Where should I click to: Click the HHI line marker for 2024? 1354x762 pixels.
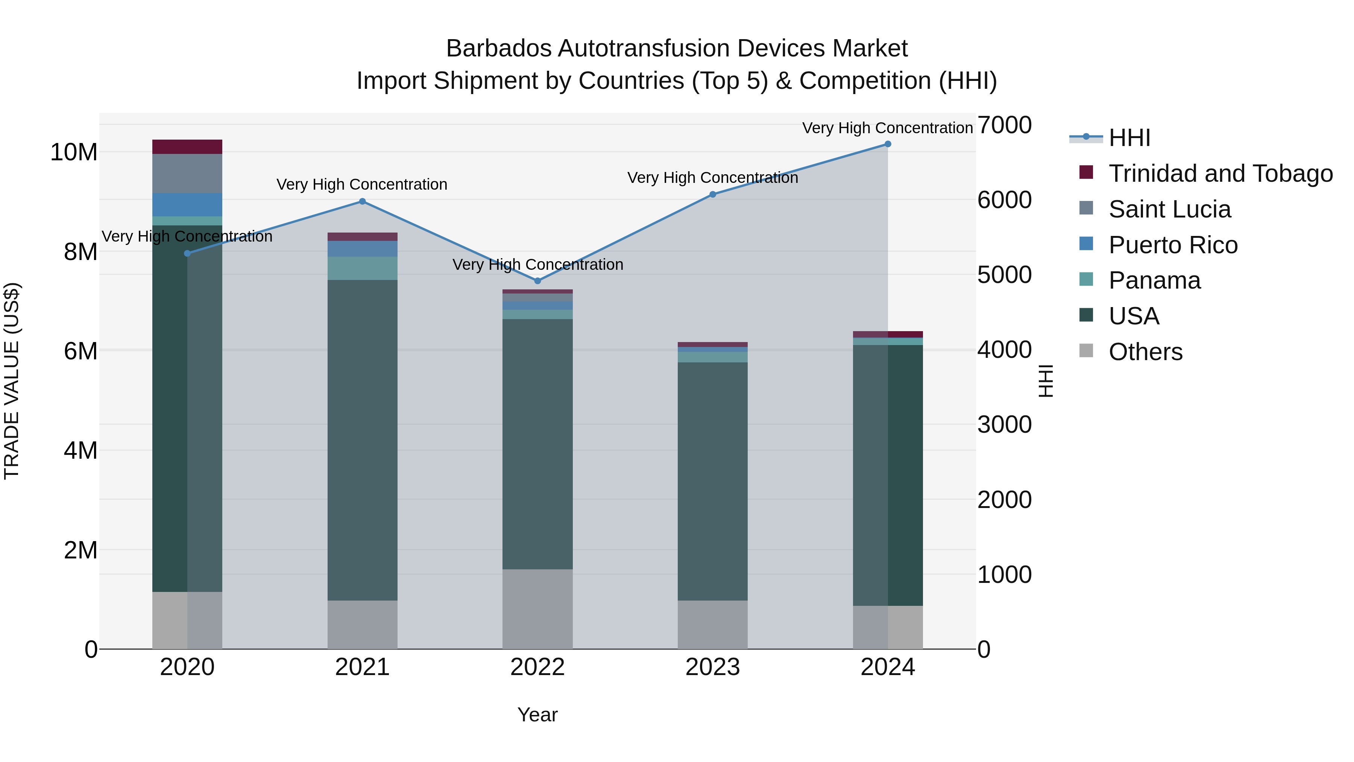pyautogui.click(x=888, y=144)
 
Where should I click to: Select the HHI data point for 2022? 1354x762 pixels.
pyautogui.click(x=537, y=281)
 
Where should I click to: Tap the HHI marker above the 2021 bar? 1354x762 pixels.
pyautogui.click(x=362, y=201)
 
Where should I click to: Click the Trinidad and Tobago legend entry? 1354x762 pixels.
pyautogui.click(x=1220, y=173)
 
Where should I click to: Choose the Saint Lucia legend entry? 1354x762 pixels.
pyautogui.click(x=1169, y=209)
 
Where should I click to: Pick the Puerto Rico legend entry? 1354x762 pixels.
pyautogui.click(x=1173, y=245)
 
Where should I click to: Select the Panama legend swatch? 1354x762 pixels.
pyautogui.click(x=1086, y=279)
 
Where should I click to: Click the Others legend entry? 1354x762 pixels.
pyautogui.click(x=1145, y=352)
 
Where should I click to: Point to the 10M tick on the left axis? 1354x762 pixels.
pyautogui.click(x=74, y=152)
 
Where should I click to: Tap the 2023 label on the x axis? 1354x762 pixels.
pyautogui.click(x=712, y=667)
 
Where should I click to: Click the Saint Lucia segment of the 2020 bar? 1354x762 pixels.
pyautogui.click(x=187, y=173)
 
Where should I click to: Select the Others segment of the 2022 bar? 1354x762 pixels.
pyautogui.click(x=537, y=609)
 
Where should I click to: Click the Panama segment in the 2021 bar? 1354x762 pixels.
pyautogui.click(x=362, y=268)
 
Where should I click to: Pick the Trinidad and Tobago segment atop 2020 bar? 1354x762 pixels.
pyautogui.click(x=187, y=147)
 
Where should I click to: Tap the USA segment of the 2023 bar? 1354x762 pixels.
pyautogui.click(x=712, y=481)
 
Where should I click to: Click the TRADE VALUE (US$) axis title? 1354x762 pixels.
pyautogui.click(x=12, y=381)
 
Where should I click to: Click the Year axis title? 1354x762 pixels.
pyautogui.click(x=537, y=715)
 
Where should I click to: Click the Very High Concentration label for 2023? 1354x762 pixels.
pyautogui.click(x=712, y=178)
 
